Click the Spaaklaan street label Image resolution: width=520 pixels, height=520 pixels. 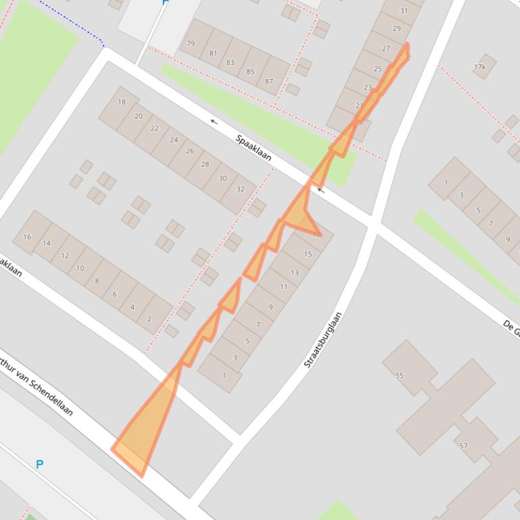pos(254,148)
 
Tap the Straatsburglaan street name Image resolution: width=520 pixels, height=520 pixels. pos(323,340)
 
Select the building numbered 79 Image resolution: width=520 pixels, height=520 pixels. pos(191,44)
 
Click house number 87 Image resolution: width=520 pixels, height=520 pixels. pos(269,81)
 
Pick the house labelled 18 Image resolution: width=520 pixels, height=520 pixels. pos(122,103)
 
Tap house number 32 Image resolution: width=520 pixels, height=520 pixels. pos(240,189)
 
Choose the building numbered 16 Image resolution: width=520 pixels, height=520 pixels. pos(27,237)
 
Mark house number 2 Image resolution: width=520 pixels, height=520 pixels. pos(149,318)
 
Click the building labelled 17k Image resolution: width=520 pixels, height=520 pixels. pos(480,67)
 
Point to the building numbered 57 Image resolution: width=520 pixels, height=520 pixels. pos(464,446)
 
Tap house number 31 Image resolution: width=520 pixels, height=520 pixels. pos(404,11)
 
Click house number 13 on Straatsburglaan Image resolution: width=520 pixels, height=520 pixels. pos(294,272)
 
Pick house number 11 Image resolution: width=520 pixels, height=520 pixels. pos(283,287)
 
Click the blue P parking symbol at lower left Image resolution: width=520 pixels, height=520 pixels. pos(39,465)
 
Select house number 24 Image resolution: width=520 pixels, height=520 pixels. pos(174,140)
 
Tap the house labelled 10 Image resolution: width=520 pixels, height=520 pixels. pos(80,268)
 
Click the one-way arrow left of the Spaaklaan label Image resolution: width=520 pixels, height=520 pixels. pos(214,122)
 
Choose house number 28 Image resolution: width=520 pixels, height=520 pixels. pos(205,164)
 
